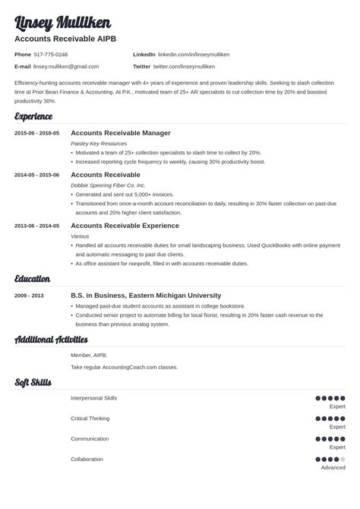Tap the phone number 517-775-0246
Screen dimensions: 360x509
coord(51,55)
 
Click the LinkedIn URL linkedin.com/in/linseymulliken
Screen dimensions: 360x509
coord(194,55)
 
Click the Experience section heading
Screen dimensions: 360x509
coord(34,116)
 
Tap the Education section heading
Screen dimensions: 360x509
coord(33,279)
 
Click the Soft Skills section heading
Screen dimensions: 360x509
coord(33,381)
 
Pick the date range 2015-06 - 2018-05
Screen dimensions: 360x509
coord(37,133)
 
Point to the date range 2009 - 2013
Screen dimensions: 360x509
coord(30,296)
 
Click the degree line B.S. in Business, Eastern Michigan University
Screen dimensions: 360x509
coord(146,296)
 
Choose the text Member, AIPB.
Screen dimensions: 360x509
coord(89,355)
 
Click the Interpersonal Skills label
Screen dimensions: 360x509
coord(94,398)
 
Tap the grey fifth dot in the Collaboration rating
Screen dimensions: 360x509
coord(343,460)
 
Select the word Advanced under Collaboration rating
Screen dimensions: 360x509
coord(333,468)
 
